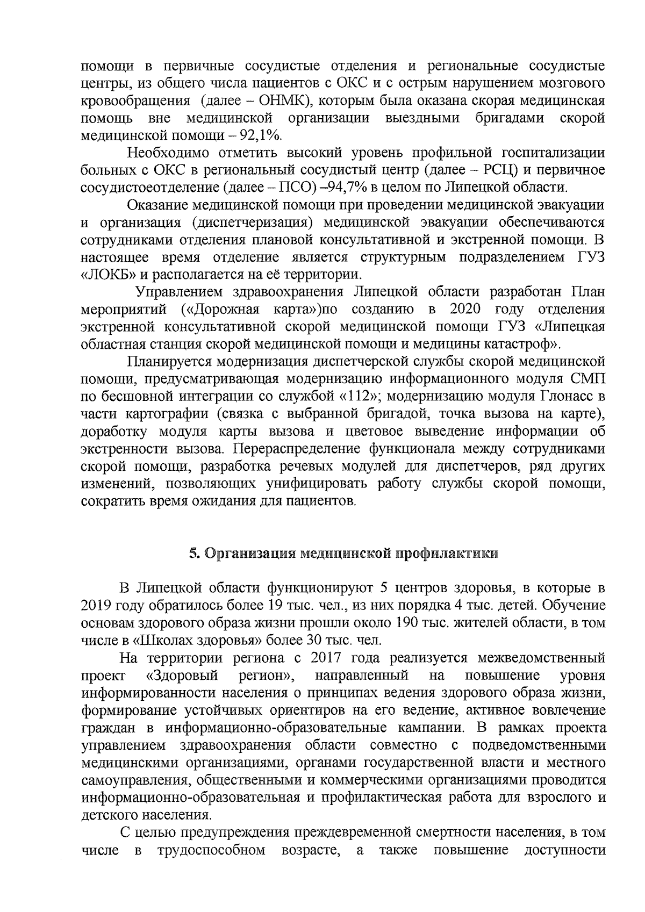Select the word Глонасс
(566, 397)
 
